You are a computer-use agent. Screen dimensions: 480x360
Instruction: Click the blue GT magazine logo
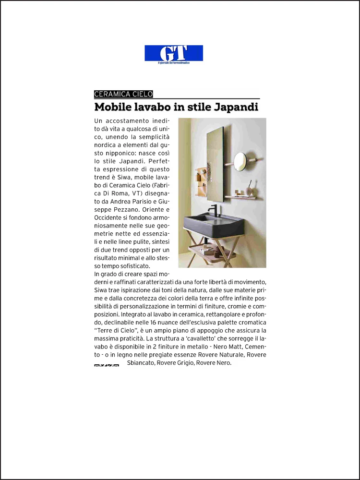174,53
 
